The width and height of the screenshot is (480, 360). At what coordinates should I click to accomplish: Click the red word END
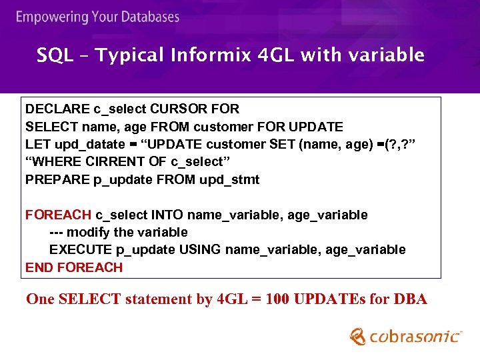tap(39, 268)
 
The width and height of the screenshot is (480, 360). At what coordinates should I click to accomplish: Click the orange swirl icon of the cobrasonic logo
tap(358, 335)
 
